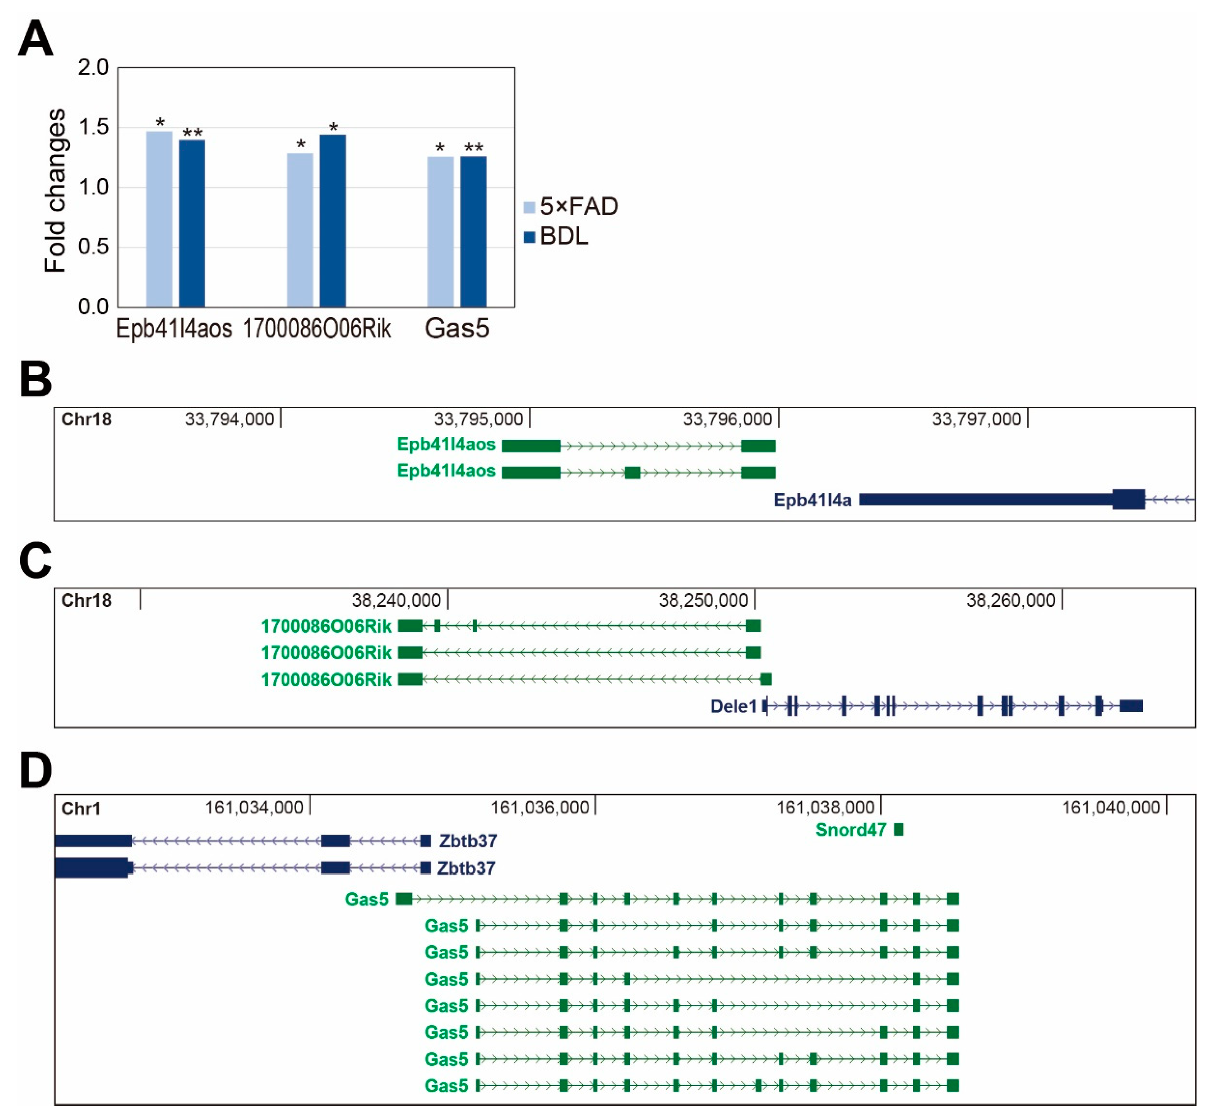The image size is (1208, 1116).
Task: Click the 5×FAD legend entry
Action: [571, 207]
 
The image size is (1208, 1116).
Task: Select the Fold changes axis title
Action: [56, 190]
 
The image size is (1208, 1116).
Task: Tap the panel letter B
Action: [35, 379]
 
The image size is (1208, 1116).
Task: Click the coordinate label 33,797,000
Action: [976, 419]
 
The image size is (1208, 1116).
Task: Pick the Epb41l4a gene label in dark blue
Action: [813, 500]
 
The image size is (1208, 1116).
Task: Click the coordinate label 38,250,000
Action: [703, 600]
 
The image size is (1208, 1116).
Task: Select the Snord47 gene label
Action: [850, 830]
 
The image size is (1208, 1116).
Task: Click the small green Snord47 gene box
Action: [899, 830]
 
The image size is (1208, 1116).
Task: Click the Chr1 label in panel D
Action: [81, 809]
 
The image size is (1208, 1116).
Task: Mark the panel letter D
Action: [35, 771]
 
